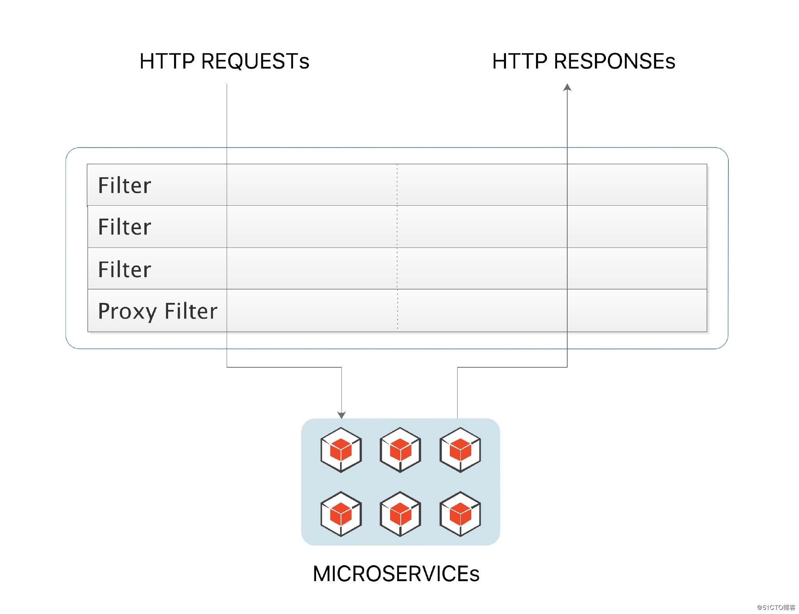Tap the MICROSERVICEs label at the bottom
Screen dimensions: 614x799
pyautogui.click(x=396, y=573)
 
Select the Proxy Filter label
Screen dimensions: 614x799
pyautogui.click(x=157, y=311)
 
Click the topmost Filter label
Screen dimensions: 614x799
pyautogui.click(x=124, y=185)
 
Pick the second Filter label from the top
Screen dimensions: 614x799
pyautogui.click(x=124, y=227)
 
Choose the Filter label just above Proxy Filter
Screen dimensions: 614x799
pyautogui.click(x=124, y=269)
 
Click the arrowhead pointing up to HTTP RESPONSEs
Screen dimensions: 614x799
pyautogui.click(x=567, y=87)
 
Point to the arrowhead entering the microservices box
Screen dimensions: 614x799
pyautogui.click(x=341, y=415)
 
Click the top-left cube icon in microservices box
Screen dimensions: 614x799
pyautogui.click(x=341, y=450)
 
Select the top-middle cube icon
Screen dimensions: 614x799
pyautogui.click(x=400, y=450)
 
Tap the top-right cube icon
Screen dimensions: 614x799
pyautogui.click(x=460, y=450)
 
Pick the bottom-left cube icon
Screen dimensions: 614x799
pyautogui.click(x=341, y=514)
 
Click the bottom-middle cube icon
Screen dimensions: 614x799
pyautogui.click(x=400, y=514)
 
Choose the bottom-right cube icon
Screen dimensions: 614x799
pyautogui.click(x=460, y=514)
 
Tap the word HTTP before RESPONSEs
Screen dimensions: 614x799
pyautogui.click(x=520, y=61)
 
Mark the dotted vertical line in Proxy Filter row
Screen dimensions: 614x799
pyautogui.click(x=397, y=311)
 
